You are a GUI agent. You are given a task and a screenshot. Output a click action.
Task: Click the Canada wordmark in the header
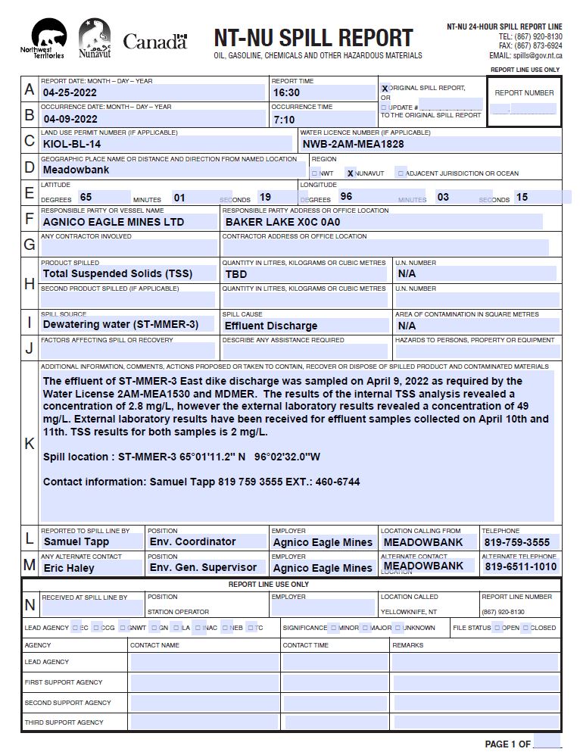click(154, 42)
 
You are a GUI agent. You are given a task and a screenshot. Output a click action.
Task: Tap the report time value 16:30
click(287, 93)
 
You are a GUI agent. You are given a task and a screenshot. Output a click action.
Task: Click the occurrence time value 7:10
click(284, 120)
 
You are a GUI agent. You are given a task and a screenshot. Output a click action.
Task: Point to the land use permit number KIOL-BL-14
click(72, 144)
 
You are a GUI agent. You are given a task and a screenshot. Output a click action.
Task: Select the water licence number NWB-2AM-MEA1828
click(353, 144)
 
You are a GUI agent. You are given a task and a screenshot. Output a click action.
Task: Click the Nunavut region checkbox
click(350, 173)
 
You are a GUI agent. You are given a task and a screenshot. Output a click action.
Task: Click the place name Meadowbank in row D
click(76, 170)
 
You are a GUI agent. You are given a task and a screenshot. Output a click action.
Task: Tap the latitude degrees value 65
click(86, 197)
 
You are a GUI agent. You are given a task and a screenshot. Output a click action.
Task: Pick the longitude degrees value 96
click(347, 197)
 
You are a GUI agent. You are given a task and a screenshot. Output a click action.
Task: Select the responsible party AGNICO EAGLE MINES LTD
click(114, 223)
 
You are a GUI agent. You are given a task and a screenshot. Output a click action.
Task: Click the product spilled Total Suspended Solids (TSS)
click(117, 273)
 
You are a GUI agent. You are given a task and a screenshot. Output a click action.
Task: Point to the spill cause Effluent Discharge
click(271, 326)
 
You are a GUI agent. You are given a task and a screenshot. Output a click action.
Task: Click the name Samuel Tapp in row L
click(76, 541)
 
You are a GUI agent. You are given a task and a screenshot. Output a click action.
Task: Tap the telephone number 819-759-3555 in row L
click(517, 542)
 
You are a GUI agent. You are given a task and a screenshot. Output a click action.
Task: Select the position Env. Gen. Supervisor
click(203, 567)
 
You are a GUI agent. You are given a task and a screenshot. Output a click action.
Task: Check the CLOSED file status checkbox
click(526, 628)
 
